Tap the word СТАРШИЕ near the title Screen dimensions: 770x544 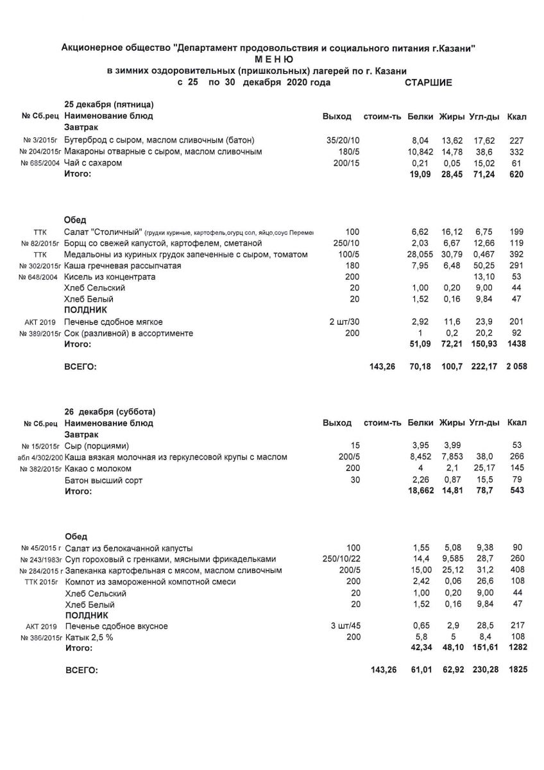[x=429, y=83]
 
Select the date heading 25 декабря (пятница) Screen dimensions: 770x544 [x=109, y=105]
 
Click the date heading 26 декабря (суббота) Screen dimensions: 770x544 [x=110, y=411]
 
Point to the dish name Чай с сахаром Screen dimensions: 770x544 [x=94, y=163]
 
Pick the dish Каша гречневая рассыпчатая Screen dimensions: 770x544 [x=123, y=266]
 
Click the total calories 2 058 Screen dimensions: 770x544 [x=514, y=368]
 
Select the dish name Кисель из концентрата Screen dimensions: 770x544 [x=110, y=277]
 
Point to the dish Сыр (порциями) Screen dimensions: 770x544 [x=98, y=445]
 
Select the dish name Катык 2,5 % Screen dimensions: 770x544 [x=92, y=638]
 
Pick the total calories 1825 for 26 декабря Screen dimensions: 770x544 [x=517, y=671]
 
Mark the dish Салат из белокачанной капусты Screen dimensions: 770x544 [x=129, y=548]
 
